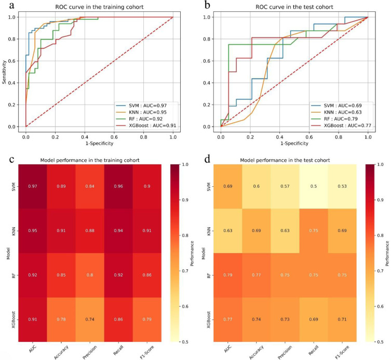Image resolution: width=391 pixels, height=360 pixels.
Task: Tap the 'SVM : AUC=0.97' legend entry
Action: click(146, 105)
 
